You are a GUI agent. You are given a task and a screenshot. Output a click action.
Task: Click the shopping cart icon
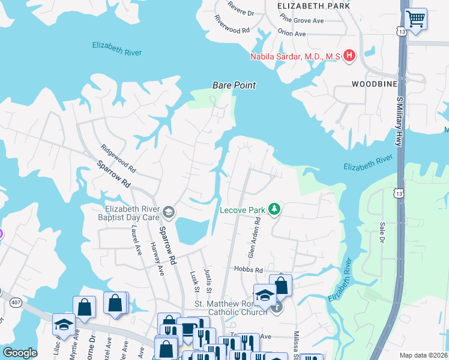[415, 19]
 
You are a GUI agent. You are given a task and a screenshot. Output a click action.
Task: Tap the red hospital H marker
[349, 56]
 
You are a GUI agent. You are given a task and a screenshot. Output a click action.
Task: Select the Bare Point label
[234, 85]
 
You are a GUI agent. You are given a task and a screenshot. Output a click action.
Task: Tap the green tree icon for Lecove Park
[274, 209]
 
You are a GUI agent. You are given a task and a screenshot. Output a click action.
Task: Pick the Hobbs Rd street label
[249, 270]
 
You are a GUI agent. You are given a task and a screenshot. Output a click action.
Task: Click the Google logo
[20, 353]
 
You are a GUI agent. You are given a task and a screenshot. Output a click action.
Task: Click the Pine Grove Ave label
[302, 20]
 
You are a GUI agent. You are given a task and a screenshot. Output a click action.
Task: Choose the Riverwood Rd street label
[231, 30]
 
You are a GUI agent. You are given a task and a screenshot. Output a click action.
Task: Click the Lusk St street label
[194, 280]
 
